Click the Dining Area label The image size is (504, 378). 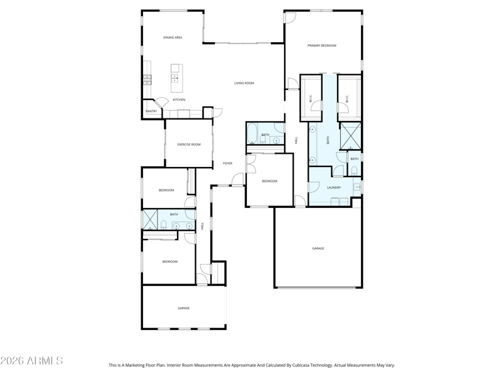(x=173, y=38)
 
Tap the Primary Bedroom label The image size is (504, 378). (x=322, y=45)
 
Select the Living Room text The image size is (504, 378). (x=244, y=83)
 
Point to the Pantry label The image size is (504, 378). (x=151, y=112)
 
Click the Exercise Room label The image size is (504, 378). (x=189, y=145)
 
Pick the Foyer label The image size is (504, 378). (x=227, y=164)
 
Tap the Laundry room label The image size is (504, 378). (x=334, y=188)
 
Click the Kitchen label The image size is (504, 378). (x=179, y=100)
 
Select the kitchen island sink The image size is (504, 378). (x=175, y=77)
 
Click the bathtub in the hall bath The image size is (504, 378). (x=251, y=134)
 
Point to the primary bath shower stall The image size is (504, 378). (x=350, y=136)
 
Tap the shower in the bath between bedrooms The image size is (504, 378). (x=150, y=219)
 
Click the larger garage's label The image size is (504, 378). (x=318, y=248)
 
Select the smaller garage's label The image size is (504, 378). (x=183, y=308)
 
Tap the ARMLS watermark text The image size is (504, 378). (x=31, y=360)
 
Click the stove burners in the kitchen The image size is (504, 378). (x=147, y=80)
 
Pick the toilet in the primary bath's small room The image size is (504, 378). (x=354, y=170)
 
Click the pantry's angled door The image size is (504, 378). (x=161, y=103)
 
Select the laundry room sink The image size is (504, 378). (x=357, y=186)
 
